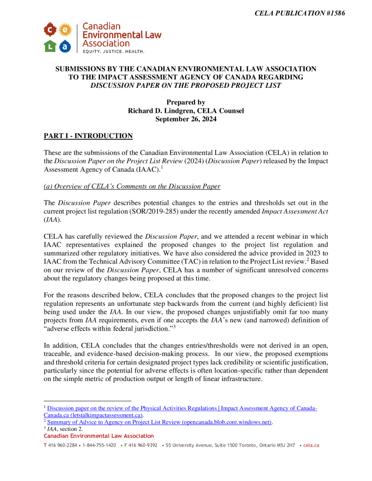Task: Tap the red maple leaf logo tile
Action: point(50,31)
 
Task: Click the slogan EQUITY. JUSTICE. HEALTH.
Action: point(113,51)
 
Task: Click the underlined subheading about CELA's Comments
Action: point(132,186)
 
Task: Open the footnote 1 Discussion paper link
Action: point(181,409)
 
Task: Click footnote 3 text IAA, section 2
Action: point(66,429)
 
